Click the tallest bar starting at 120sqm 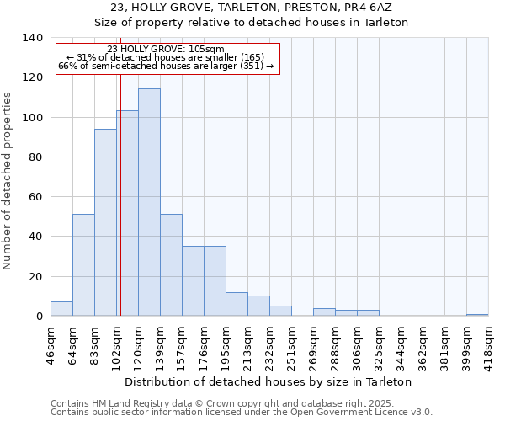point(149,202)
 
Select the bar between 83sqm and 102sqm point(105,222)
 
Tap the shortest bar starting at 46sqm point(61,309)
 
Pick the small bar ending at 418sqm point(477,315)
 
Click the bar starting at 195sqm point(237,304)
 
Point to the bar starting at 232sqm point(280,311)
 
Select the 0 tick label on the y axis point(39,317)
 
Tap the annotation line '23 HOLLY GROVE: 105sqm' point(166,49)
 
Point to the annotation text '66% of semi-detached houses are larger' point(166,66)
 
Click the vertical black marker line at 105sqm point(120,185)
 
